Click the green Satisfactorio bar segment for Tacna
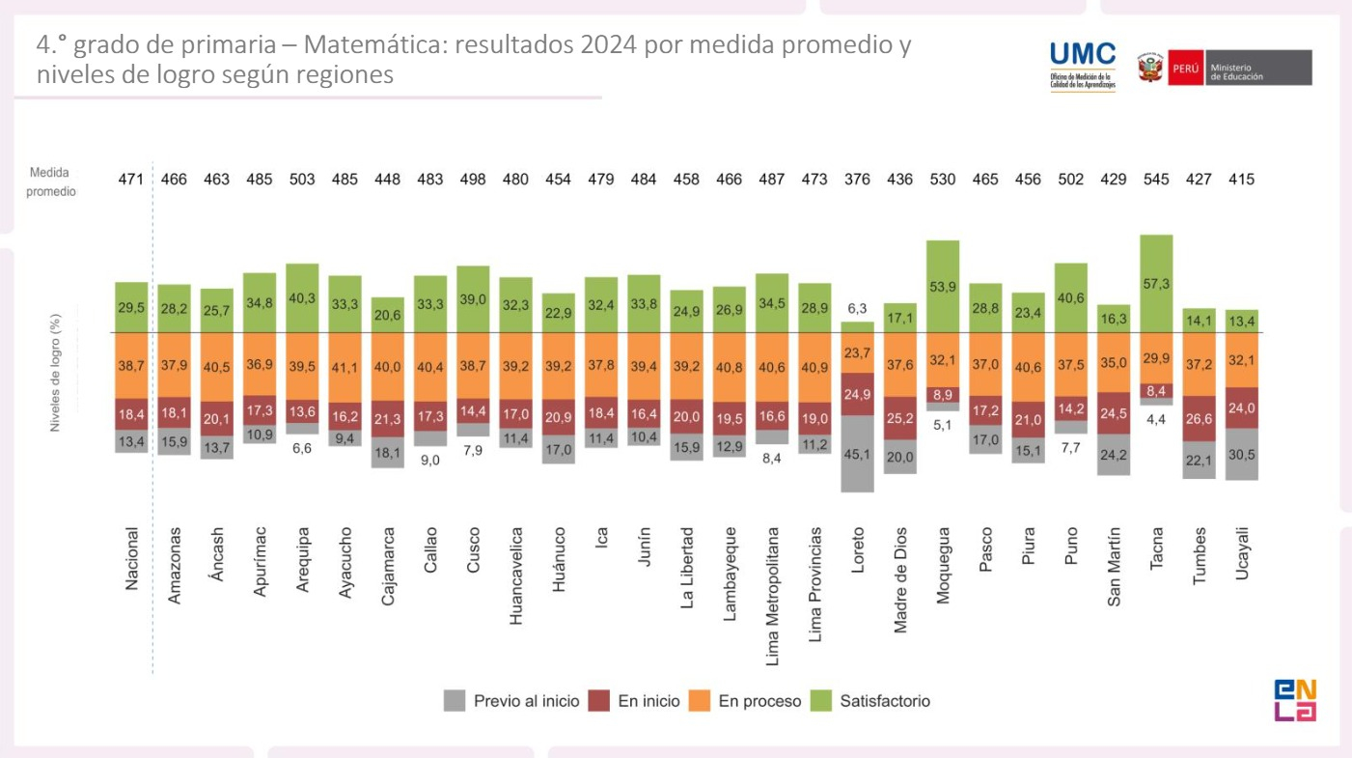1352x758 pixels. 1156,284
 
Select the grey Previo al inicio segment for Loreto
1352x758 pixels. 857,454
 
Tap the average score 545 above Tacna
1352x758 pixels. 1156,179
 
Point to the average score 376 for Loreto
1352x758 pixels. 857,179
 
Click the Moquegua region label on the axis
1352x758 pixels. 943,565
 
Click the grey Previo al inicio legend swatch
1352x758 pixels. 455,701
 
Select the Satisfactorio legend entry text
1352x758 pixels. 885,701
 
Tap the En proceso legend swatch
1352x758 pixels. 700,701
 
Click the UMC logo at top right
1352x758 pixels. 1082,66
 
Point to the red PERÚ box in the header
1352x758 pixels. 1185,69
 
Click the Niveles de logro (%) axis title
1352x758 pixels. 55,372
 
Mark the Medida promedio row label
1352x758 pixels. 49,182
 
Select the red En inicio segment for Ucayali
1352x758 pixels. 1242,407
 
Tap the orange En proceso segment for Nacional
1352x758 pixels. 131,366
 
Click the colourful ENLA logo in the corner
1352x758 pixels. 1295,700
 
